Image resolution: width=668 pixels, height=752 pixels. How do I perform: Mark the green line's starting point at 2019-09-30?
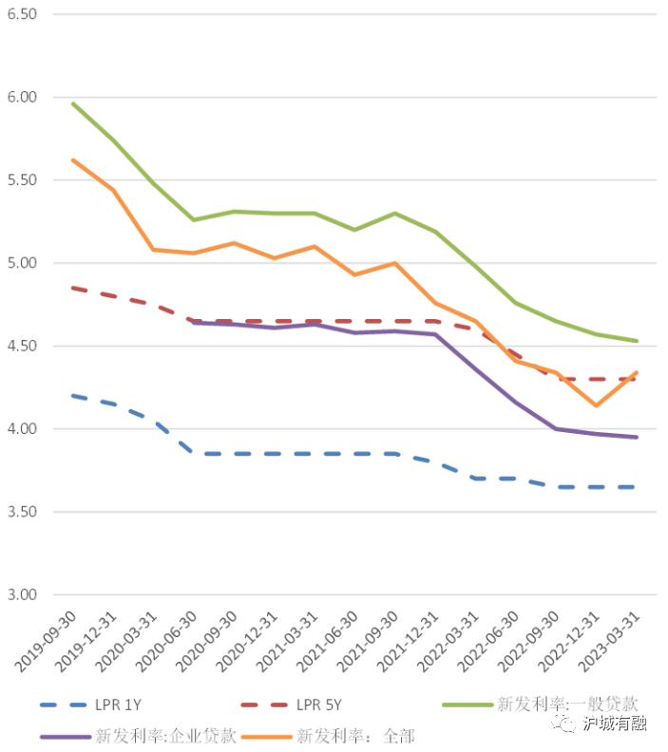coord(73,103)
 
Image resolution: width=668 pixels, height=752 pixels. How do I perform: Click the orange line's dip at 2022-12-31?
coord(596,405)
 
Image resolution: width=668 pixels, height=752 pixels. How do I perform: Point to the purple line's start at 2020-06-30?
coord(194,322)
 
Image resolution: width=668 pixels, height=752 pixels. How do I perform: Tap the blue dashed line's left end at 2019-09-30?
coord(73,396)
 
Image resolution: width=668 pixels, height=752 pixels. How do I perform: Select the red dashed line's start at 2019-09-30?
coord(73,288)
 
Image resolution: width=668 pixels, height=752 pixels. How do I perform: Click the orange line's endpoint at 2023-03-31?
coord(636,372)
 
